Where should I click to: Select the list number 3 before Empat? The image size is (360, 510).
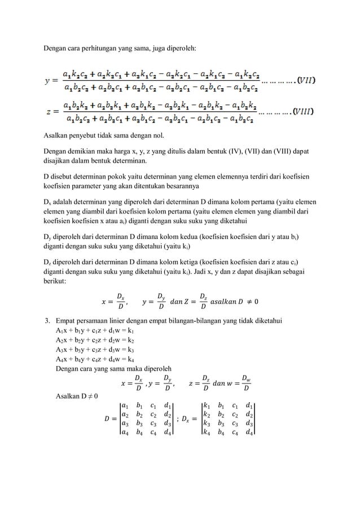pyautogui.click(x=48, y=321)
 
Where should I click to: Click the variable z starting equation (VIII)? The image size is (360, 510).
pyautogui.click(x=49, y=112)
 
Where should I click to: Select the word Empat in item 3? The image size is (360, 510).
pyautogui.click(x=67, y=321)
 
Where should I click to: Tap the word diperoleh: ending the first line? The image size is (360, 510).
pyautogui.click(x=180, y=48)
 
